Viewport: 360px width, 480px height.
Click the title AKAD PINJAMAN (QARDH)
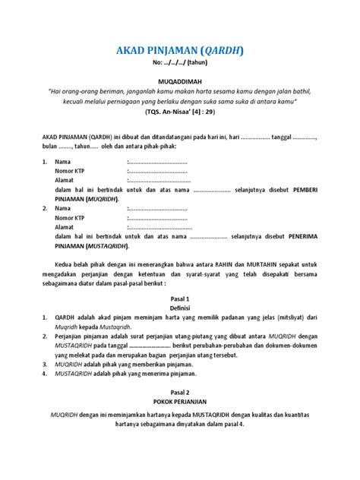point(180,51)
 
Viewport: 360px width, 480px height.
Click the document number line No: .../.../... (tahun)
point(180,64)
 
